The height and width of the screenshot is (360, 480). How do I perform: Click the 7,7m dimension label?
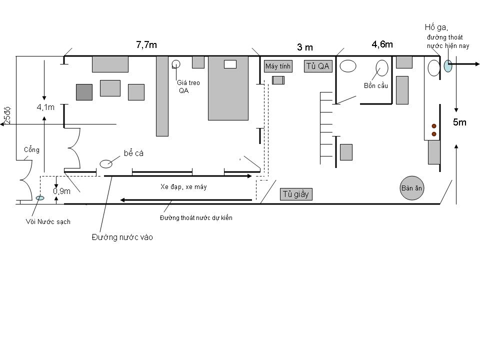click(146, 45)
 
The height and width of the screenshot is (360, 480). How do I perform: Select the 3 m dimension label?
click(305, 47)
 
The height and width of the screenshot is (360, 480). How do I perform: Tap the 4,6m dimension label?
click(382, 44)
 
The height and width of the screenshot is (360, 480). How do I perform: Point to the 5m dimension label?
click(459, 122)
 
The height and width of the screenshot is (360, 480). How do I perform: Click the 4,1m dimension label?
click(45, 107)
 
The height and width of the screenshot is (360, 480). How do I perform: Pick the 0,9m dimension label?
click(61, 191)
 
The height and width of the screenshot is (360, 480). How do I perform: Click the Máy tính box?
click(278, 66)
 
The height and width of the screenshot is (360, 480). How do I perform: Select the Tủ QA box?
click(318, 66)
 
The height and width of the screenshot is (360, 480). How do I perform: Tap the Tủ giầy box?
click(296, 194)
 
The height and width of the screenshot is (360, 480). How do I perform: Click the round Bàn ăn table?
click(411, 188)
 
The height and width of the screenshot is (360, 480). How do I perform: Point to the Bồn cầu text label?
click(376, 85)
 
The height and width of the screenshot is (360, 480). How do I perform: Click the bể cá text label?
click(134, 153)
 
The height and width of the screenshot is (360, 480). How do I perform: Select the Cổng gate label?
click(32, 149)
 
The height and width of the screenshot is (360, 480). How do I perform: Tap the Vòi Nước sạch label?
click(48, 221)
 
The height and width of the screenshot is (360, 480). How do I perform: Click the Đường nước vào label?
click(122, 237)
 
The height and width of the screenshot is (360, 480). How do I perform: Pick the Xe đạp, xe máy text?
click(183, 186)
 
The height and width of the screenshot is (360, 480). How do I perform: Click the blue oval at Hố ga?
click(448, 66)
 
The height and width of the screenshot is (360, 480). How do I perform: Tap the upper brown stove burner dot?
click(434, 126)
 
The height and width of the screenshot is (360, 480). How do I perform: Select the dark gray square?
click(84, 92)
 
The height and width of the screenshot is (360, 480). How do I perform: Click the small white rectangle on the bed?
click(230, 64)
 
